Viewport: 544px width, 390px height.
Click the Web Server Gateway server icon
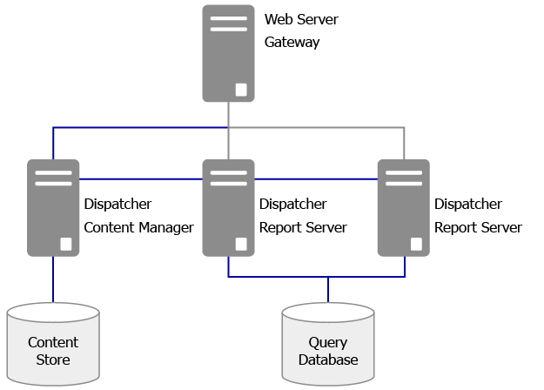tap(228, 53)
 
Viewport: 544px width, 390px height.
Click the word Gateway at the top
tap(292, 42)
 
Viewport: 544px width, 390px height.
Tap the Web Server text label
tap(301, 18)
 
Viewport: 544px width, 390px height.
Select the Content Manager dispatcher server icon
tap(53, 207)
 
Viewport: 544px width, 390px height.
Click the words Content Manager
tap(138, 227)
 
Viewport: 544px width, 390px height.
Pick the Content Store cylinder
tap(52, 344)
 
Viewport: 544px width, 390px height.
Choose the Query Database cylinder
tap(328, 346)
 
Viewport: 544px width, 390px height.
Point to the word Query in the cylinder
tap(328, 342)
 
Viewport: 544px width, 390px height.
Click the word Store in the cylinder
tap(52, 360)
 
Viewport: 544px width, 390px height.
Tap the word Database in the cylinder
tap(328, 360)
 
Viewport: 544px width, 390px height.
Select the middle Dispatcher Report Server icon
tap(228, 207)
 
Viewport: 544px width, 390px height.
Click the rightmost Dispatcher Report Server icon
tap(403, 207)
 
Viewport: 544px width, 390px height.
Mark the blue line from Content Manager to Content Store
tap(53, 279)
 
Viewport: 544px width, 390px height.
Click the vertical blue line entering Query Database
tap(328, 290)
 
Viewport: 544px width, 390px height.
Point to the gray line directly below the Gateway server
tap(228, 113)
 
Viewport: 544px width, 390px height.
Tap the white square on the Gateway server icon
tap(241, 89)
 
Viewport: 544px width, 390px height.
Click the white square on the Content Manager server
tap(66, 243)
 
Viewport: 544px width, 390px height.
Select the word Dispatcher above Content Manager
tap(118, 205)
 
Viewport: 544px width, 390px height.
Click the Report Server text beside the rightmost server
tap(478, 227)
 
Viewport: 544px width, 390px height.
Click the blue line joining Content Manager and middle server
tap(140, 178)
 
